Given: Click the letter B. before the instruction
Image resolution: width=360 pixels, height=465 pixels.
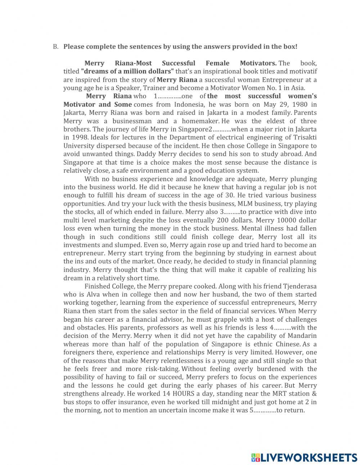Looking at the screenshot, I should click(55, 47).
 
